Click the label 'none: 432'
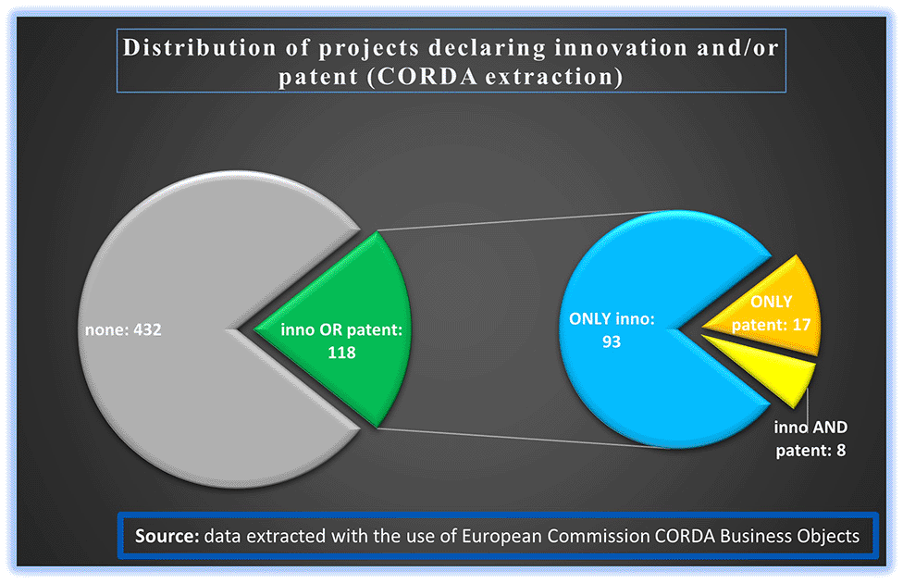123,329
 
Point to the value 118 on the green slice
341,353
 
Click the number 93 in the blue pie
612,341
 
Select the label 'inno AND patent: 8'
810,439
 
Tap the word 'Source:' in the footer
167,536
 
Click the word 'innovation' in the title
621,47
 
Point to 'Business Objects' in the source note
789,536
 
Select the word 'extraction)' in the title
554,77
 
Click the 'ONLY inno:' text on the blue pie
612,318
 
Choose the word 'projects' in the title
369,48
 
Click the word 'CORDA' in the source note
685,536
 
